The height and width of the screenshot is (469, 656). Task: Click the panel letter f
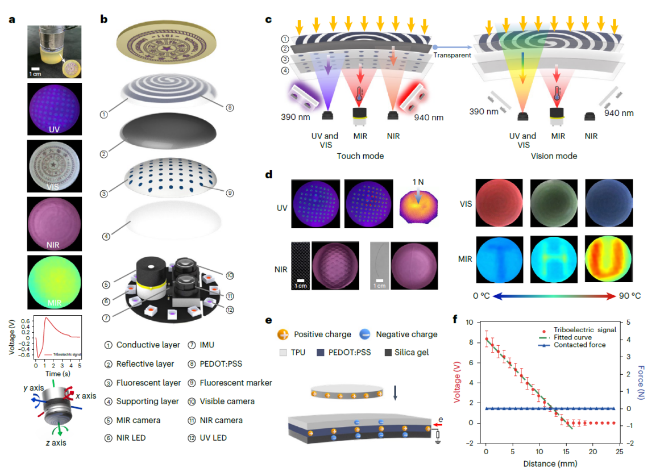tap(455, 319)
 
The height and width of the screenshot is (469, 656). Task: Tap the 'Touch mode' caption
tap(360, 156)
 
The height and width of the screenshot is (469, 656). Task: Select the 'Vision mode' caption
tap(555, 156)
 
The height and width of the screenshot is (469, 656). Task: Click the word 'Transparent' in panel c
tap(452, 55)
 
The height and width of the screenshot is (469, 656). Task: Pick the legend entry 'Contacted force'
tap(580, 345)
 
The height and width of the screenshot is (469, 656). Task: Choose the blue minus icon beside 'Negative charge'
tap(366, 334)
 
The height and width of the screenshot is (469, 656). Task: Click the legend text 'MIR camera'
tap(139, 420)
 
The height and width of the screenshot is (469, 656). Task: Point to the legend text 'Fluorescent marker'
tap(236, 383)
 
